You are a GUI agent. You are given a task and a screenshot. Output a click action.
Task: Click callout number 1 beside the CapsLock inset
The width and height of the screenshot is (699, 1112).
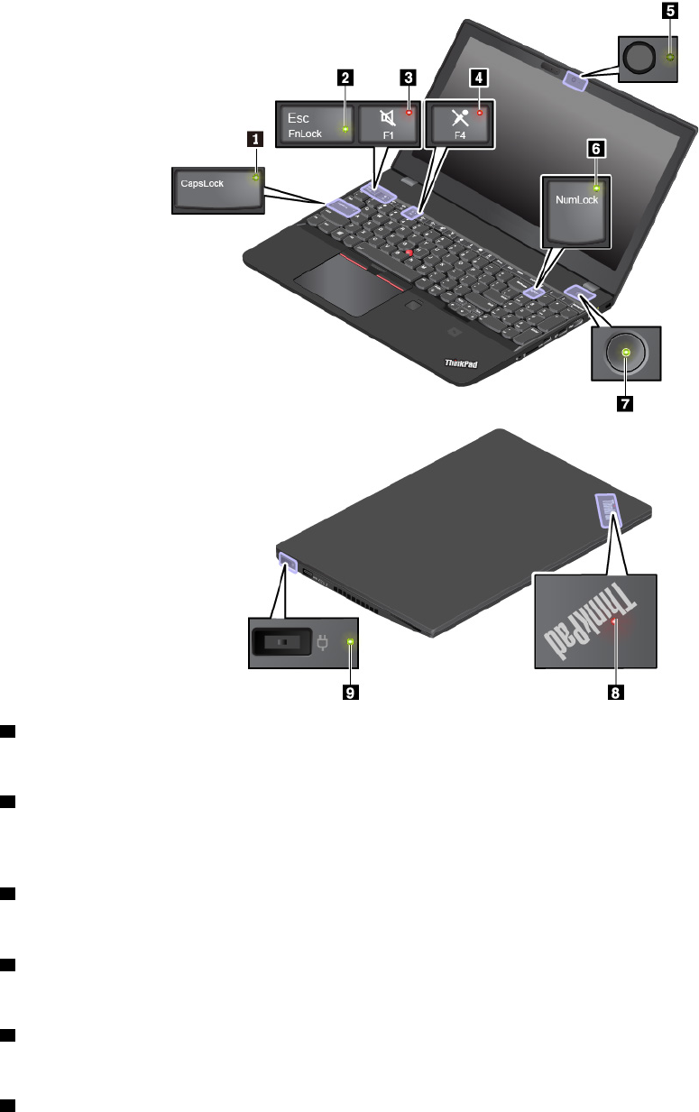[257, 139]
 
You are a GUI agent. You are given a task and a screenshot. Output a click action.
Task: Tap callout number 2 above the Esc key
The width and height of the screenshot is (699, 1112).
[344, 78]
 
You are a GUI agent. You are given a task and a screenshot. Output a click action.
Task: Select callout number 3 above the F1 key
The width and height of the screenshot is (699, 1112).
[409, 78]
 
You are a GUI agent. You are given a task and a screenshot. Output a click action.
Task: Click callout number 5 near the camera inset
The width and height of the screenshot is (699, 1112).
[668, 12]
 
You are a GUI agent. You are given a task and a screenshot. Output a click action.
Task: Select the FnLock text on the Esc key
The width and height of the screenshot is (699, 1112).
[305, 133]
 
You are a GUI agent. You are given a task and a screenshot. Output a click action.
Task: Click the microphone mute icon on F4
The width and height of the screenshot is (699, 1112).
[457, 116]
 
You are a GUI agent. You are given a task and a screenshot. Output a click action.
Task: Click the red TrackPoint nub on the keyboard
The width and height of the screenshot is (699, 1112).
[409, 254]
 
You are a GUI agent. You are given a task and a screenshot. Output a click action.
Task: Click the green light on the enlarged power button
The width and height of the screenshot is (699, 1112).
[627, 353]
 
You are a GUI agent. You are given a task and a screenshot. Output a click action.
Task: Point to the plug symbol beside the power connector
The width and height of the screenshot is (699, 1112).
[323, 642]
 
